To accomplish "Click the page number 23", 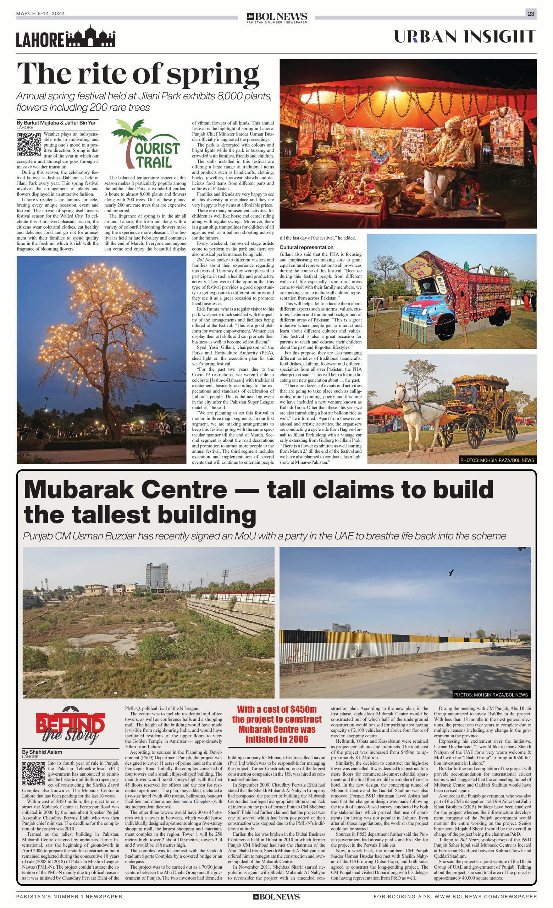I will click(531, 13).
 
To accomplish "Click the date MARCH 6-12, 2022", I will click(40, 13).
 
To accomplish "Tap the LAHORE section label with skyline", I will click(66, 38).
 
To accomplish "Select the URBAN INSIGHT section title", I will click(465, 37).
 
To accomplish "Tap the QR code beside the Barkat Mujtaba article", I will click(29, 144).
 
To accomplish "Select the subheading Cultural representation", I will click(306, 247).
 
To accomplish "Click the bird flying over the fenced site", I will click(450, 572).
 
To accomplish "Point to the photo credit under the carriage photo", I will click(497, 460).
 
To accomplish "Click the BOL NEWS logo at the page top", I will click(277, 17).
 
